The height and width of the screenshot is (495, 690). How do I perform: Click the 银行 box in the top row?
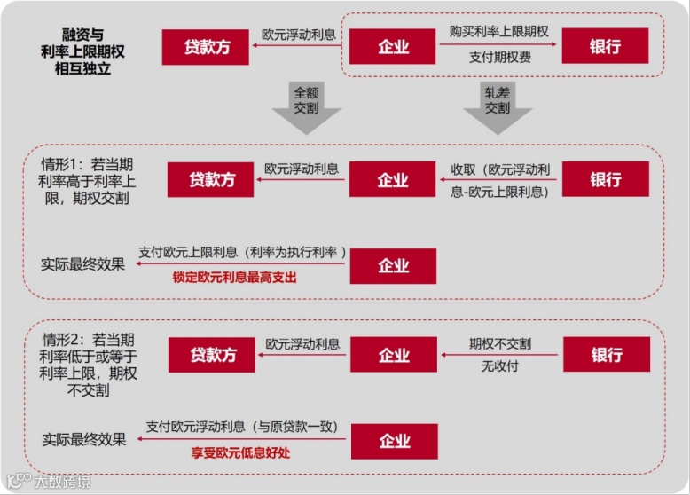(x=605, y=46)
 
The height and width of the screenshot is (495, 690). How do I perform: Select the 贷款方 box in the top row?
(x=205, y=46)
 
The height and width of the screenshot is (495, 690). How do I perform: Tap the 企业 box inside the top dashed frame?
(x=392, y=46)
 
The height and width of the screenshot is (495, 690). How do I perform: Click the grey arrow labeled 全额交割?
(x=305, y=107)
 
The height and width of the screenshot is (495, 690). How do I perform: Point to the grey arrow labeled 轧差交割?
(x=497, y=107)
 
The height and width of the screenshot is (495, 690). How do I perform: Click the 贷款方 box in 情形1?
(x=211, y=179)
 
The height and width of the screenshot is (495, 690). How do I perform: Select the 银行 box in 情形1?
(x=605, y=179)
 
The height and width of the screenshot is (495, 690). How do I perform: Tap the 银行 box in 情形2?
(x=605, y=354)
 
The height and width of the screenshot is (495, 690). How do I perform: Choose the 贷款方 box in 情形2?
(x=211, y=354)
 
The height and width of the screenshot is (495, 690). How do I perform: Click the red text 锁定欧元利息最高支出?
(x=234, y=278)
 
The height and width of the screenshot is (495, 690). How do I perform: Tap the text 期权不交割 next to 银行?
(x=499, y=343)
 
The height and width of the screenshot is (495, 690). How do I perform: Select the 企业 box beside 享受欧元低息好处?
(x=392, y=441)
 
